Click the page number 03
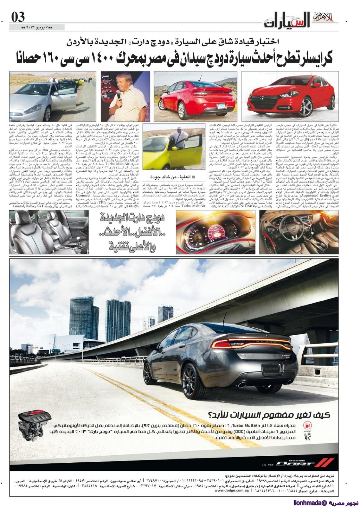(x=18, y=17)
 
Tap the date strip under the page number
(x=37, y=28)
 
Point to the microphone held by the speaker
(x=119, y=94)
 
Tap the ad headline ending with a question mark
(x=269, y=414)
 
